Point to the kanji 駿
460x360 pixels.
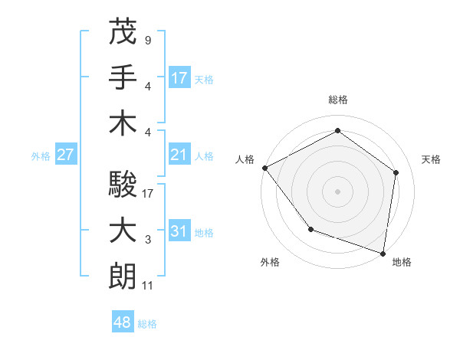pyautogui.click(x=123, y=184)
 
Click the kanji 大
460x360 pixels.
pyautogui.click(x=123, y=230)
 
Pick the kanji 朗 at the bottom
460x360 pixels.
pyautogui.click(x=123, y=276)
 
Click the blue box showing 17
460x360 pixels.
pyautogui.click(x=179, y=77)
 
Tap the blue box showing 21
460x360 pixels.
pyautogui.click(x=179, y=155)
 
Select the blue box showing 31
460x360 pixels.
pyautogui.click(x=179, y=231)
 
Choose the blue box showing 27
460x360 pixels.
pyautogui.click(x=66, y=155)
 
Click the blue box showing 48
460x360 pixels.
pyautogui.click(x=123, y=322)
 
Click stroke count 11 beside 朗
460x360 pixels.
pyautogui.click(x=148, y=286)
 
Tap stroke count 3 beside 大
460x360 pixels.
pyautogui.click(x=147, y=240)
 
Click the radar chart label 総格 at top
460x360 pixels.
pyautogui.click(x=338, y=100)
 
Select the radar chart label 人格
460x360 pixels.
pyautogui.click(x=245, y=159)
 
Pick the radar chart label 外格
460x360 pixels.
pyautogui.click(x=270, y=262)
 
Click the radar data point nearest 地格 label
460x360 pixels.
pyautogui.click(x=383, y=253)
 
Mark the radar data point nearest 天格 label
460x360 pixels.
pyautogui.click(x=396, y=172)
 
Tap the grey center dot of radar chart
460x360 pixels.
pyautogui.click(x=338, y=191)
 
